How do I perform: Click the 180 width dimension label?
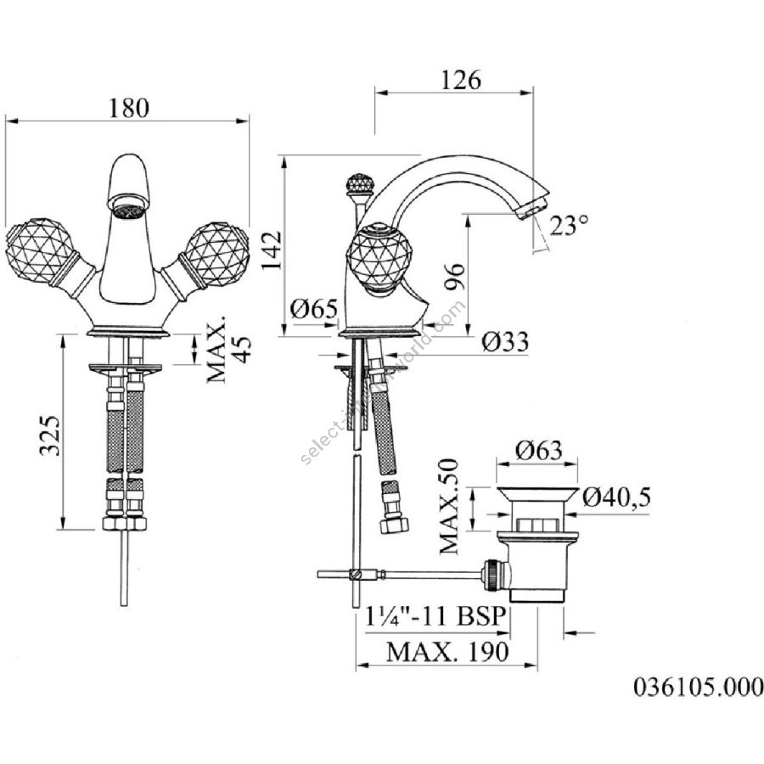[129, 108]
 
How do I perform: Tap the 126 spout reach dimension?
[461, 80]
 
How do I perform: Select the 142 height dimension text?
[272, 250]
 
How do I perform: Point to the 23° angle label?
[569, 225]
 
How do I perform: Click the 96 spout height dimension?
[456, 277]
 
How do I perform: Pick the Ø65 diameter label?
[314, 309]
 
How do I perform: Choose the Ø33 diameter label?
[505, 342]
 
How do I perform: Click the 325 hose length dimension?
[50, 435]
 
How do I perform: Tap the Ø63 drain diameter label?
[539, 450]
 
